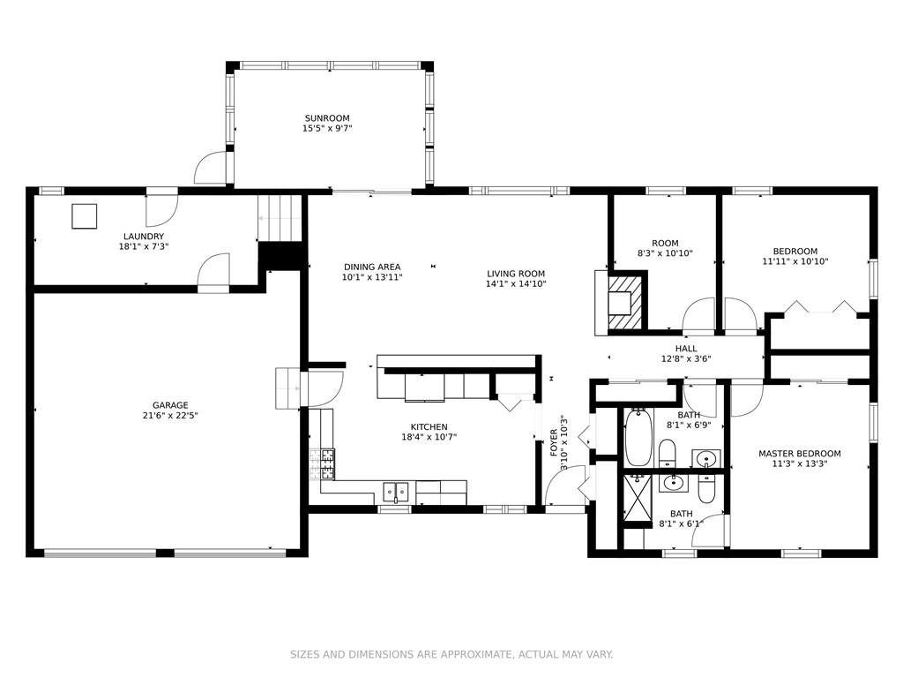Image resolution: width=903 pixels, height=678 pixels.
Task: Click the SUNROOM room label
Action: (x=327, y=118)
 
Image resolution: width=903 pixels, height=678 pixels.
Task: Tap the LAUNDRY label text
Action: (x=143, y=237)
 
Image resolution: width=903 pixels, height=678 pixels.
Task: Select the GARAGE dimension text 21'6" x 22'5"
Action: (x=170, y=416)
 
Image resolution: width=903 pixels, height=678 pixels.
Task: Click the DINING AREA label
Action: (x=371, y=267)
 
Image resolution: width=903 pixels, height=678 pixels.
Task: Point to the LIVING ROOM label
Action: (x=515, y=274)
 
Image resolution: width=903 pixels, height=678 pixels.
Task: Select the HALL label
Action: (x=686, y=349)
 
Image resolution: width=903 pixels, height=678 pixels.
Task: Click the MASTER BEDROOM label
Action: (x=799, y=454)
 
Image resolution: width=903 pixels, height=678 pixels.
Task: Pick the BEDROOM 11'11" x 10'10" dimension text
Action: (x=795, y=261)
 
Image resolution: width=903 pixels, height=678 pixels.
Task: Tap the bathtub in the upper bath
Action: (x=638, y=438)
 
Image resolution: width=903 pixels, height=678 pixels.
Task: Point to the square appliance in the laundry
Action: (x=84, y=215)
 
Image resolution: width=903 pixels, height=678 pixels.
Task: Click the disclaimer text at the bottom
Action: (x=451, y=654)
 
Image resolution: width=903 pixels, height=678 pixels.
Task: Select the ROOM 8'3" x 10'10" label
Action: (x=665, y=248)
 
